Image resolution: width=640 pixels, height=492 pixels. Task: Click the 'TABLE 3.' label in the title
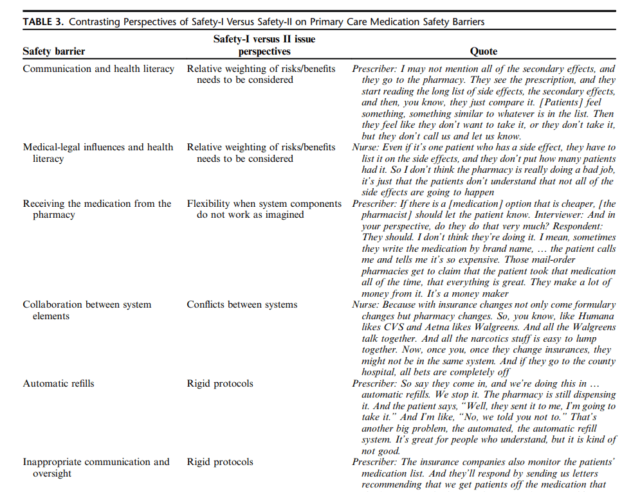click(44, 22)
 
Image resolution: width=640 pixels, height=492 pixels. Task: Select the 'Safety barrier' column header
click(53, 51)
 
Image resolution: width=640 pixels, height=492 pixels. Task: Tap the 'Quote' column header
click(483, 51)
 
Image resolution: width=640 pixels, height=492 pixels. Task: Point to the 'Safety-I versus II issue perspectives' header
click(264, 45)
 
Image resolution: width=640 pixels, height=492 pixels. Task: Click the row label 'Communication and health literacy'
click(98, 69)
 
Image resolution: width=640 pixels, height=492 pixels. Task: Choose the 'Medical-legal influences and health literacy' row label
click(98, 153)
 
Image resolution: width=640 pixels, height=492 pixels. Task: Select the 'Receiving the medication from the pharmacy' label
click(97, 209)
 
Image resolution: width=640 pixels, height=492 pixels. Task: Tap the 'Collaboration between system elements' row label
click(87, 310)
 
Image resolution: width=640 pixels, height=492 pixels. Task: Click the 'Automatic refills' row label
click(59, 383)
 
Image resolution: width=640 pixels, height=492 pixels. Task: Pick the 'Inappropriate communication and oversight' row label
click(96, 468)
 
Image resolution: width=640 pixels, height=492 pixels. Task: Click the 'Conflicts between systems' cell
click(242, 304)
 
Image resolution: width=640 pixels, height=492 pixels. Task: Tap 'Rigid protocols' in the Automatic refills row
click(220, 383)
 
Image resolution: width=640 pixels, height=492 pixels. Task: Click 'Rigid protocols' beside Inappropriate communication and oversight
click(220, 462)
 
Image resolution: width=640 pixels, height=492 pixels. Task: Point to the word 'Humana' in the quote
click(596, 316)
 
